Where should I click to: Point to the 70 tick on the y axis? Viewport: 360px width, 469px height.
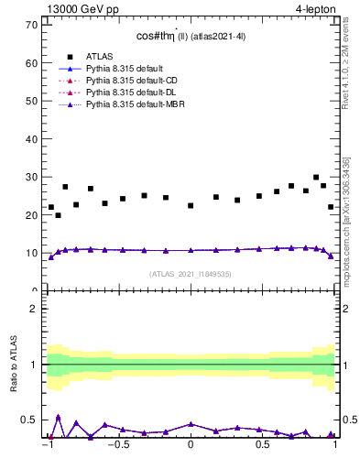coord(31,25)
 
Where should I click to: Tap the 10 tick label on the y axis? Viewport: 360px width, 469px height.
coord(31,253)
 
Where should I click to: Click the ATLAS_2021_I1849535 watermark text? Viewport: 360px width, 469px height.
coord(191,273)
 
